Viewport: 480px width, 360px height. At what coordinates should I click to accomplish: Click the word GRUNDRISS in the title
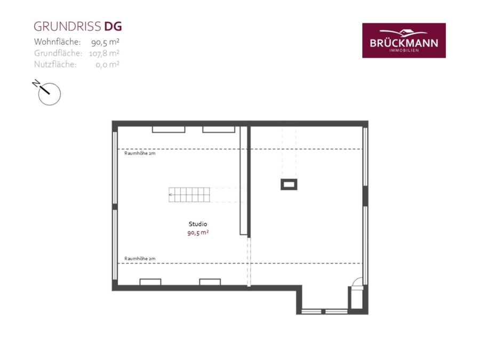(x=67, y=27)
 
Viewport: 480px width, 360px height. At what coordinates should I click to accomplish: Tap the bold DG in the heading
(x=113, y=27)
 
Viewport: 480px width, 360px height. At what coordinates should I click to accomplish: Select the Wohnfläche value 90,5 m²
(x=105, y=42)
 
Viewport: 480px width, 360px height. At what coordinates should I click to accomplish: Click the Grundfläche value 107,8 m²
(x=104, y=53)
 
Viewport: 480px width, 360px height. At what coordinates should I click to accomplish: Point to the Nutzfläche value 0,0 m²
(x=107, y=65)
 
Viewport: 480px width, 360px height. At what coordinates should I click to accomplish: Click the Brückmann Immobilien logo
(x=404, y=41)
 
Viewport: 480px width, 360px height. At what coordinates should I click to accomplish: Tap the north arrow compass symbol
(x=47, y=92)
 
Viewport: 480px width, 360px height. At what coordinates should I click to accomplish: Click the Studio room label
(x=198, y=224)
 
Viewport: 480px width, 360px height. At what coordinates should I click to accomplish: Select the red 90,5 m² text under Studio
(x=198, y=233)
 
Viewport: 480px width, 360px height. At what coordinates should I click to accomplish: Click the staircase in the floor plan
(x=189, y=195)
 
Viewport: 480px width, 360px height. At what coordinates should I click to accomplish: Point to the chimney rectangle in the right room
(x=289, y=185)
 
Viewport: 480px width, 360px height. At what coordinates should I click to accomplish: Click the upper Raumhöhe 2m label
(x=140, y=153)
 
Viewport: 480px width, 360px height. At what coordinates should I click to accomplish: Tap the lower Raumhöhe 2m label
(x=140, y=259)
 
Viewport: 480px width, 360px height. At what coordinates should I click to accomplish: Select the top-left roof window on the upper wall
(x=169, y=130)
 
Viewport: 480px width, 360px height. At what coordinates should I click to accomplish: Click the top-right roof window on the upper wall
(x=219, y=130)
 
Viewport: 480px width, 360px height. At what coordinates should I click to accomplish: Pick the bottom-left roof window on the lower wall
(x=150, y=282)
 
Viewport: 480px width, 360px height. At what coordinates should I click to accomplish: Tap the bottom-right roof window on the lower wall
(x=210, y=282)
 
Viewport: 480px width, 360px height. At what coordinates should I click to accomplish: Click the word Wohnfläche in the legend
(x=57, y=42)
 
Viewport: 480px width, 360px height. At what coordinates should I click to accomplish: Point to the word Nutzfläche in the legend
(x=55, y=65)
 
